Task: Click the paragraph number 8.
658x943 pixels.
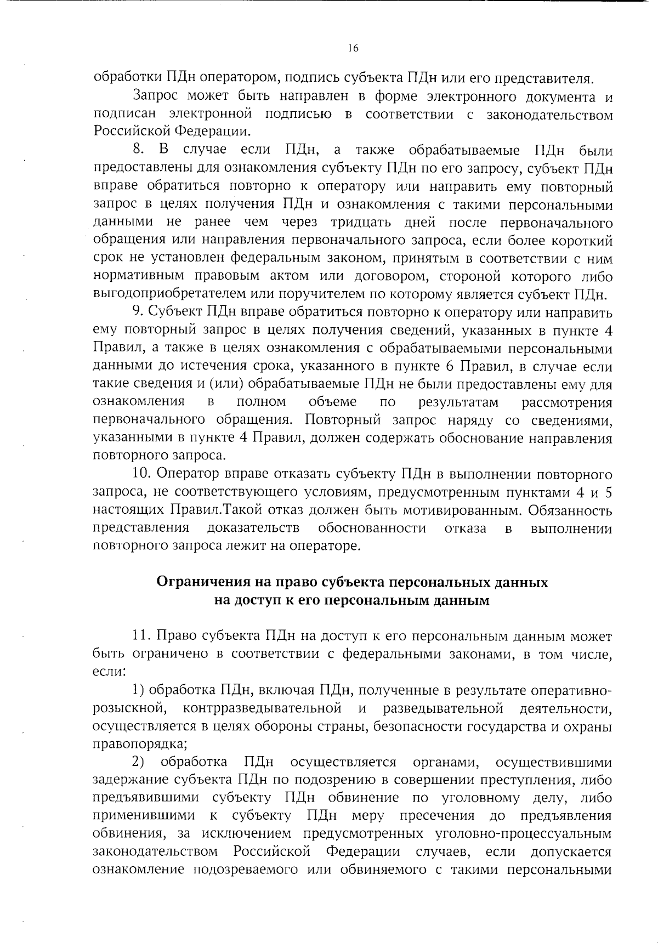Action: click(139, 150)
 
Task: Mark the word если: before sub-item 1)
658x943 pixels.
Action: click(110, 672)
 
